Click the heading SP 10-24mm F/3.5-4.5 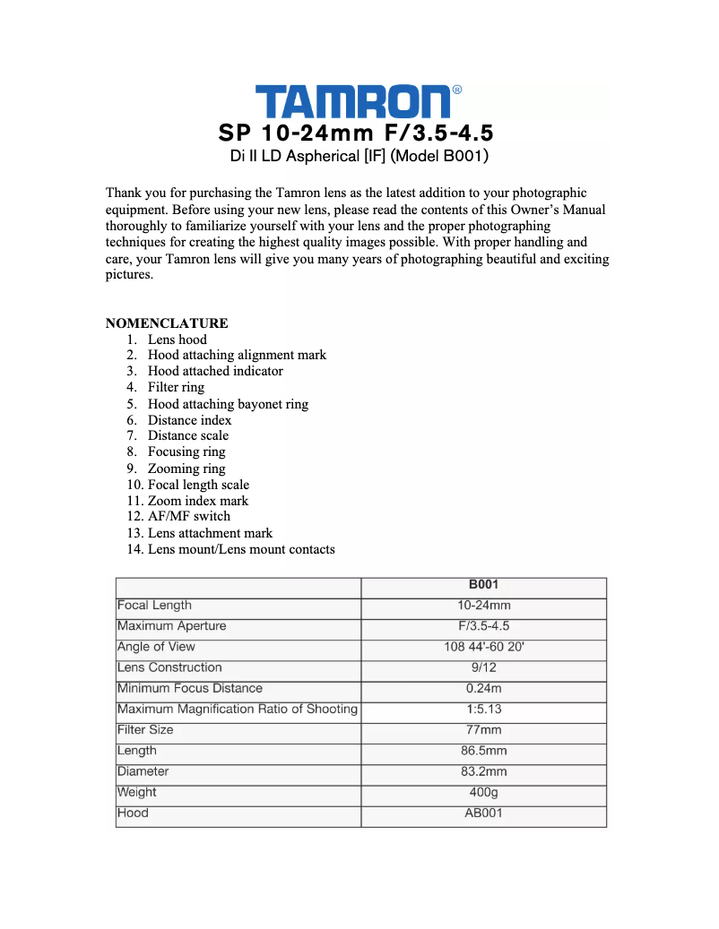coord(356,133)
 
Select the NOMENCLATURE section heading coord(167,323)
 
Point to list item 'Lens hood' coord(177,340)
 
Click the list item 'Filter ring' coord(176,387)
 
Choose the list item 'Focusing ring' coord(186,452)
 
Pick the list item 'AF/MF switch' coord(188,516)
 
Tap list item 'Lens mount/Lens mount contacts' coord(241,548)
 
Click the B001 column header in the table coord(484,585)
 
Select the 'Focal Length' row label coord(154,606)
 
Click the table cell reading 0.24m coord(484,688)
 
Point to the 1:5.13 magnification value coord(484,709)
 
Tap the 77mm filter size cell coord(484,730)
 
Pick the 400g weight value coord(484,792)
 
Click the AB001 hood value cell coord(484,813)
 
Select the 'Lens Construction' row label coord(169,667)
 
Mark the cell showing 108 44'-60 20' coord(484,647)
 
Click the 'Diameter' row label coord(143,771)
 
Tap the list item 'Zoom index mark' coord(197,501)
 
